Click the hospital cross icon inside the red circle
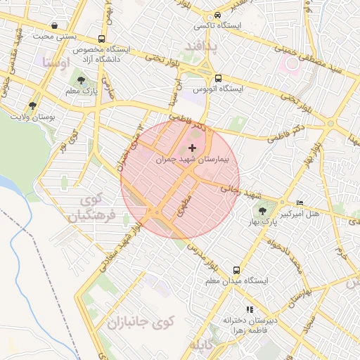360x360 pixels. tap(192, 148)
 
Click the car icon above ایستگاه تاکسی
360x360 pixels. tap(218, 15)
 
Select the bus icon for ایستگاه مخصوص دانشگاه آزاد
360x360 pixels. tap(102, 39)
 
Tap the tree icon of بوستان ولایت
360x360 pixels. tap(32, 105)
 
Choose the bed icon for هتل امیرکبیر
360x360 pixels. tap(301, 202)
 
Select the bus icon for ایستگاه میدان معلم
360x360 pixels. tap(236, 270)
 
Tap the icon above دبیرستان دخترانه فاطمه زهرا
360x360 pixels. tap(248, 309)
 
